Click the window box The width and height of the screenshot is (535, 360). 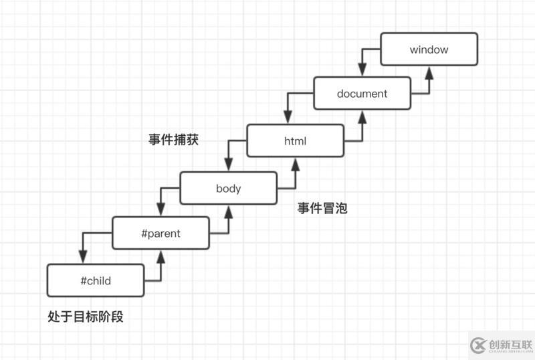429,50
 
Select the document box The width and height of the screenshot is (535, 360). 362,94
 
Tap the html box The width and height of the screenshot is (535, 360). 295,141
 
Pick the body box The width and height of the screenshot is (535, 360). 228,188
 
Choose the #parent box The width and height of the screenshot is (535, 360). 161,234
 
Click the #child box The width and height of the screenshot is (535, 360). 96,280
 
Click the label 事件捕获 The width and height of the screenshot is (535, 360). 173,140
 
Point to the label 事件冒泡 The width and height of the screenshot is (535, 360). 322,208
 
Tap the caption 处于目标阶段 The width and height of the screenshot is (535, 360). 86,317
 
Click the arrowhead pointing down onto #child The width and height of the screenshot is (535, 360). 82,258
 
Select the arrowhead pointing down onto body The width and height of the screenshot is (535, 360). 229,165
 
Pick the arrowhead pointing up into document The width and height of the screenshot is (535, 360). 362,117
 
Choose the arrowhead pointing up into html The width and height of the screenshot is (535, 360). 295,164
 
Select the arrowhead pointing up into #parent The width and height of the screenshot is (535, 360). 161,257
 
